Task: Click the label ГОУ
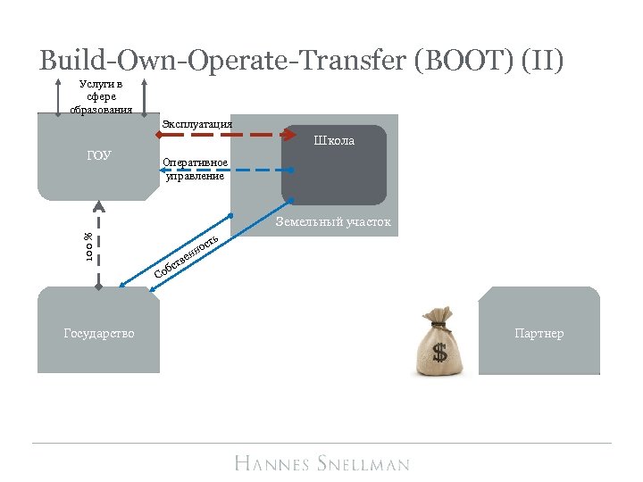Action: click(99, 155)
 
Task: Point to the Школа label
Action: click(334, 140)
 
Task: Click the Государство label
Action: click(99, 333)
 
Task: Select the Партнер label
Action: click(539, 333)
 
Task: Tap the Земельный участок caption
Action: click(333, 221)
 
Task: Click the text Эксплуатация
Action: click(196, 123)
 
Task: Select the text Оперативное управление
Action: click(195, 169)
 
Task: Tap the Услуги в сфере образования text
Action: click(101, 97)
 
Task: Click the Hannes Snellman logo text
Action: click(321, 462)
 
